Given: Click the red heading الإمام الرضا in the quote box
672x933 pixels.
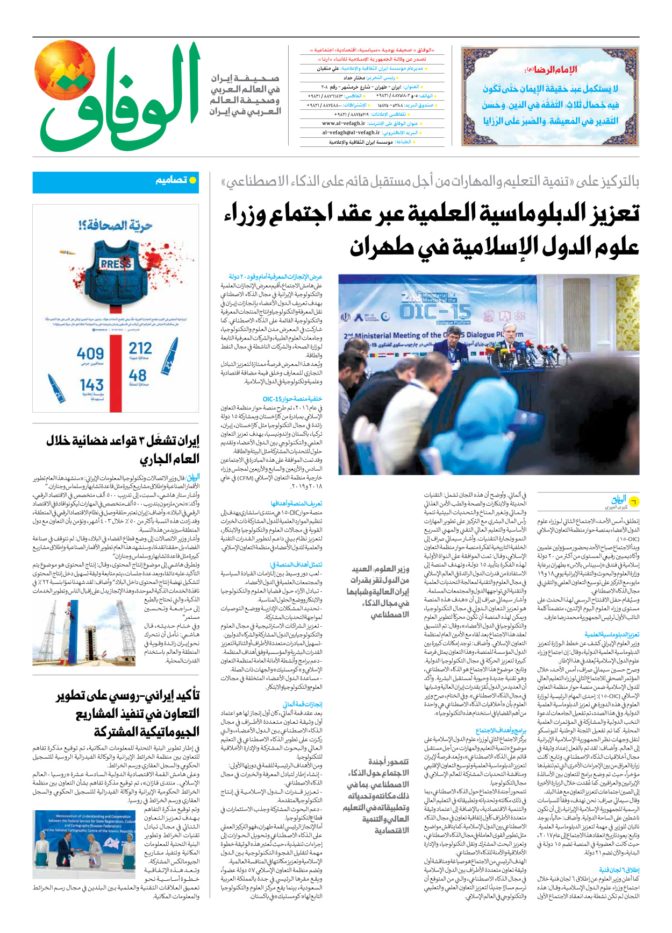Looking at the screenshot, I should click(551, 70).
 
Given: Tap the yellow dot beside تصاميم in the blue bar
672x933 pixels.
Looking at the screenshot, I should click(192, 180).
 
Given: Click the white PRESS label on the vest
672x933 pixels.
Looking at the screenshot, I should click(116, 264).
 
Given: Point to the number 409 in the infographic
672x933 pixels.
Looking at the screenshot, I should click(90, 354).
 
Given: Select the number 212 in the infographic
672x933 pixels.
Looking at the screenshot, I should click(140, 349).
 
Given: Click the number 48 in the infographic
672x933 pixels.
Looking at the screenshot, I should click(138, 375).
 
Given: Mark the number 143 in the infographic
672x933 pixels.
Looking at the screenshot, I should click(91, 385).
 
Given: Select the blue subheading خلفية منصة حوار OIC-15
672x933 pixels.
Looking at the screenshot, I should click(292, 399).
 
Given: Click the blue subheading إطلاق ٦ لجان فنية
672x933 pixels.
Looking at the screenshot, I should click(619, 870).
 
